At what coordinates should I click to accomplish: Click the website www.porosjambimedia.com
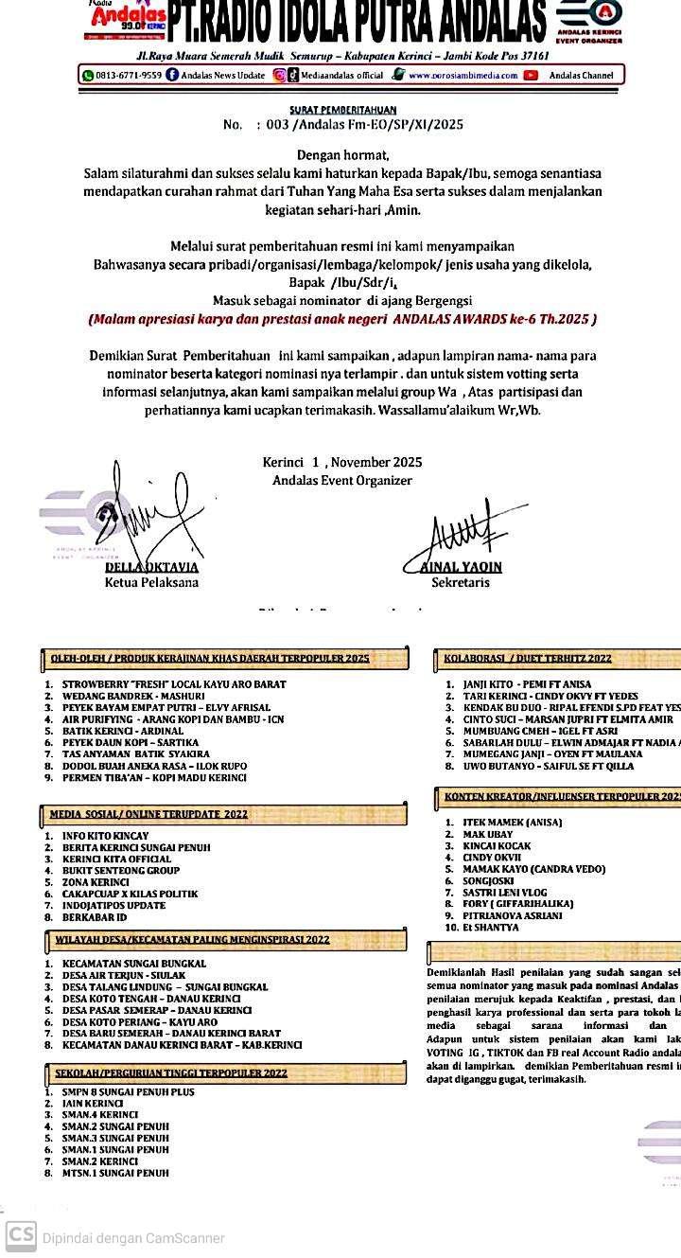tap(463, 75)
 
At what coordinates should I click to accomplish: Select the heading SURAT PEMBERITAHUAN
tap(343, 110)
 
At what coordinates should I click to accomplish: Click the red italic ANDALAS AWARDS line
tap(342, 319)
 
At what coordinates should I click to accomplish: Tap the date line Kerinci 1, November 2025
tap(342, 463)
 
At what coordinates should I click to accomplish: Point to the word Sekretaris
tap(461, 583)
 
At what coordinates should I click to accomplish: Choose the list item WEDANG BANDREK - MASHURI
tap(133, 696)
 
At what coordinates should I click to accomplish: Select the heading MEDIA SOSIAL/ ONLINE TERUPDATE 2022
tap(148, 814)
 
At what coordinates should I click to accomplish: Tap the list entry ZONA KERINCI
tap(96, 882)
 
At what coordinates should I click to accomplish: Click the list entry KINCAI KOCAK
tap(497, 846)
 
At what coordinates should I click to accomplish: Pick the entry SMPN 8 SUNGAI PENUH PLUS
tap(129, 1092)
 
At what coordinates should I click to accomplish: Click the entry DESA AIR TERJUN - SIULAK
tap(124, 975)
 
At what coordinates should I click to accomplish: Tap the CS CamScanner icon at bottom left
tap(21, 1236)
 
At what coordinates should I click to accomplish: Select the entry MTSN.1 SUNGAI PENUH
tap(115, 1173)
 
